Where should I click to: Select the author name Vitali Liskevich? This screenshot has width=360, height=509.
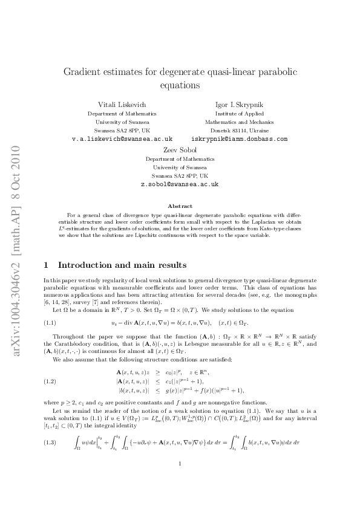[x=122, y=104]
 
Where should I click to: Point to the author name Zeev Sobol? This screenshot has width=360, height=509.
[x=180, y=149]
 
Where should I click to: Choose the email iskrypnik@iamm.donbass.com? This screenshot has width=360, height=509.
[x=239, y=138]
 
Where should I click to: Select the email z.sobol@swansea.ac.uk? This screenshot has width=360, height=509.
[x=180, y=183]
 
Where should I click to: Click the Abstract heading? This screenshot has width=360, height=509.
[x=180, y=206]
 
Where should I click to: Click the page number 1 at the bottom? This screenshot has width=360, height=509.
[x=180, y=481]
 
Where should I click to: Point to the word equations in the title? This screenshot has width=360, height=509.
[x=180, y=85]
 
